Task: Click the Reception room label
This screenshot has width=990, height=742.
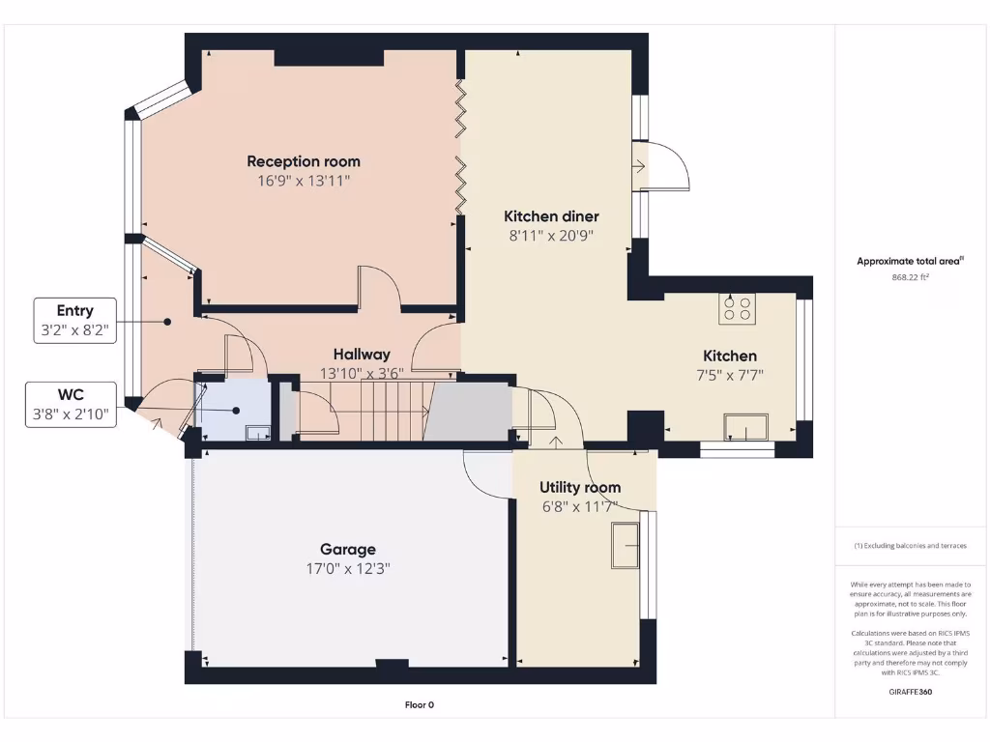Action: click(304, 161)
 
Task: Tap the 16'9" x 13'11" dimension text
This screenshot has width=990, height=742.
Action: click(304, 180)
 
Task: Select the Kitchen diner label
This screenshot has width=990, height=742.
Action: click(551, 216)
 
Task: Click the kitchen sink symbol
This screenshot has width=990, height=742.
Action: click(746, 426)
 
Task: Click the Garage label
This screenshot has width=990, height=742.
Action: click(348, 550)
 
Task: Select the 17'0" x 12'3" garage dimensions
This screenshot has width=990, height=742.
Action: click(348, 568)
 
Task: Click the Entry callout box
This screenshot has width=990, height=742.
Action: click(75, 320)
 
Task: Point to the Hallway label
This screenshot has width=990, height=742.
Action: click(362, 355)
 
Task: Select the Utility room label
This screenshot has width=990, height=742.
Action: click(580, 487)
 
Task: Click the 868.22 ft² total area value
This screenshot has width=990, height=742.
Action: click(911, 277)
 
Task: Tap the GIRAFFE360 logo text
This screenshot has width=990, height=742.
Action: click(910, 692)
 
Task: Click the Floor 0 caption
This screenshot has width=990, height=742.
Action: click(419, 705)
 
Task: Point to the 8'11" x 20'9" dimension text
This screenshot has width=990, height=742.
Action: click(551, 235)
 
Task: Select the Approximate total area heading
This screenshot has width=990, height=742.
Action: click(910, 261)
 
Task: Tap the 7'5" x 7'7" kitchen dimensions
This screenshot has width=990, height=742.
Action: click(730, 374)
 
